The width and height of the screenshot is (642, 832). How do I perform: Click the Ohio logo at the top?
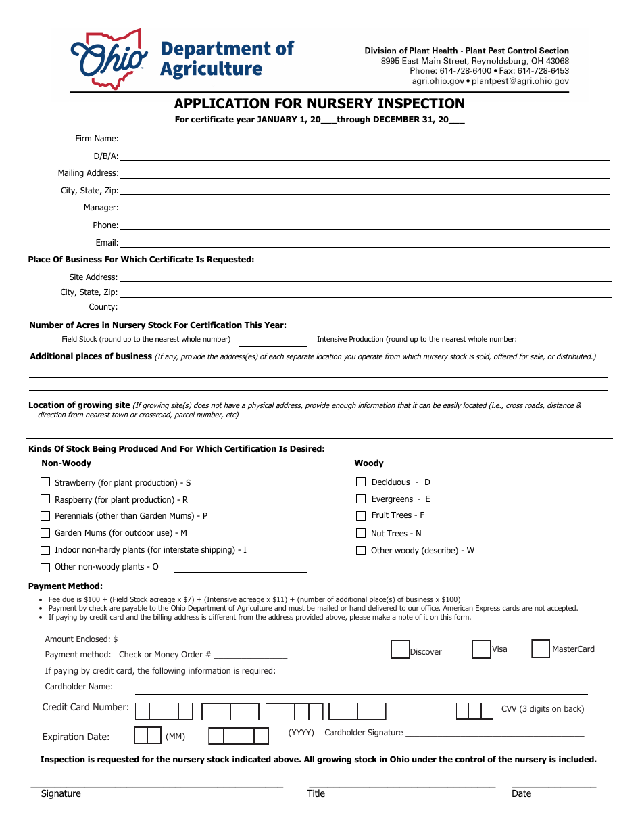coord(109,60)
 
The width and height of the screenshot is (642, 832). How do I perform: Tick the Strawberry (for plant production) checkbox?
coord(45,482)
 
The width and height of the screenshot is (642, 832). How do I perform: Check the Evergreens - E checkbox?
coord(361,499)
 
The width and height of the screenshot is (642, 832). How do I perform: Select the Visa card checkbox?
coord(481,649)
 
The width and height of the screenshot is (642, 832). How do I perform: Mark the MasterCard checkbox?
coord(541,649)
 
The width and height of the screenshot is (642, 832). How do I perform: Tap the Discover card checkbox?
coord(400,649)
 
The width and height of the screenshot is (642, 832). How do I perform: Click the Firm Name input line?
coord(365,139)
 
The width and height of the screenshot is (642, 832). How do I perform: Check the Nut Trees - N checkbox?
coord(361,533)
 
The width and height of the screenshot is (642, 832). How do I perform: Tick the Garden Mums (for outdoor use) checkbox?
coord(45,533)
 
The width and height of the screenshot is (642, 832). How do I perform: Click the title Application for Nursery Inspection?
coord(320,103)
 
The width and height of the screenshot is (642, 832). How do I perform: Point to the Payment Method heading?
coord(66,586)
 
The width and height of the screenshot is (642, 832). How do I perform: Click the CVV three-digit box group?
coord(474,711)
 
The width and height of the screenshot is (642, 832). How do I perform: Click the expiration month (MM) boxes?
coord(147,736)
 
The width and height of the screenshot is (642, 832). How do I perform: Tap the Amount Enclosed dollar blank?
coord(154,639)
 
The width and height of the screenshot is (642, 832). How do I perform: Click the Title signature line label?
coord(316,793)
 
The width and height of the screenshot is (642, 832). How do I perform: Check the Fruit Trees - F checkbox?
coord(361,515)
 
